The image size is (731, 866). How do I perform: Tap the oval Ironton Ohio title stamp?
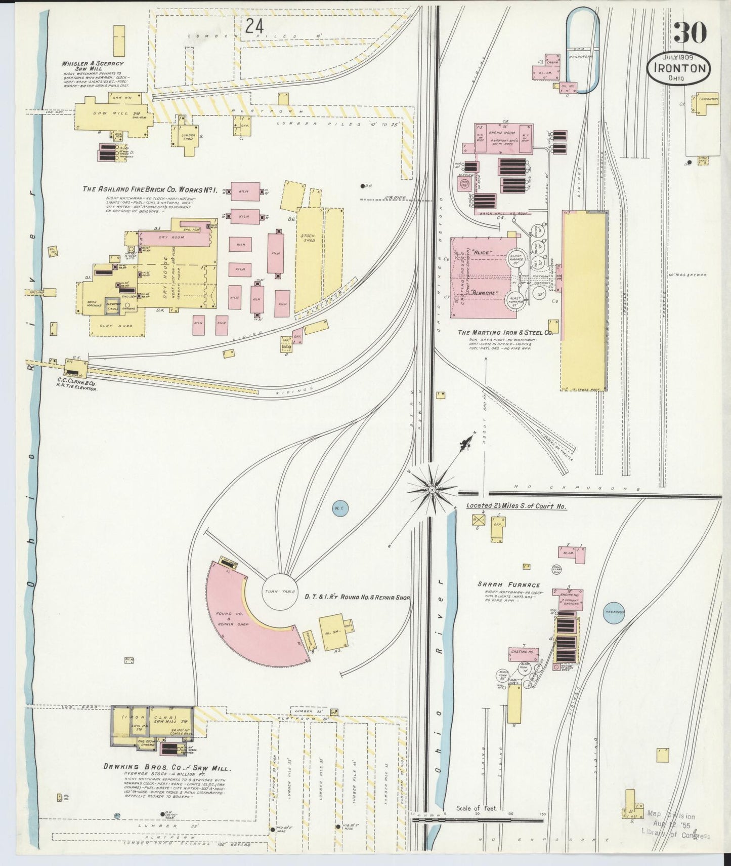[x=679, y=68]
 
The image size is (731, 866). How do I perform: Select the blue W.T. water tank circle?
[x=340, y=508]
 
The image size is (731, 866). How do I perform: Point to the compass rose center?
[x=432, y=490]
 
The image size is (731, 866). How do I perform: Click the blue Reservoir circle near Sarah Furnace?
[x=614, y=612]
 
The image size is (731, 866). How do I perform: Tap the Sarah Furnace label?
[x=509, y=584]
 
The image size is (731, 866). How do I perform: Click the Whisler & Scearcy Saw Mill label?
[x=93, y=66]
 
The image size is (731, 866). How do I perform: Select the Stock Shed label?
[x=308, y=238]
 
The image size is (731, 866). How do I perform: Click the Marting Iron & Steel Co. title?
[x=504, y=333]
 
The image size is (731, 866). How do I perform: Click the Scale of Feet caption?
[x=476, y=808]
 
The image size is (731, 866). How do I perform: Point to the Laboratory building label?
[x=707, y=99]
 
